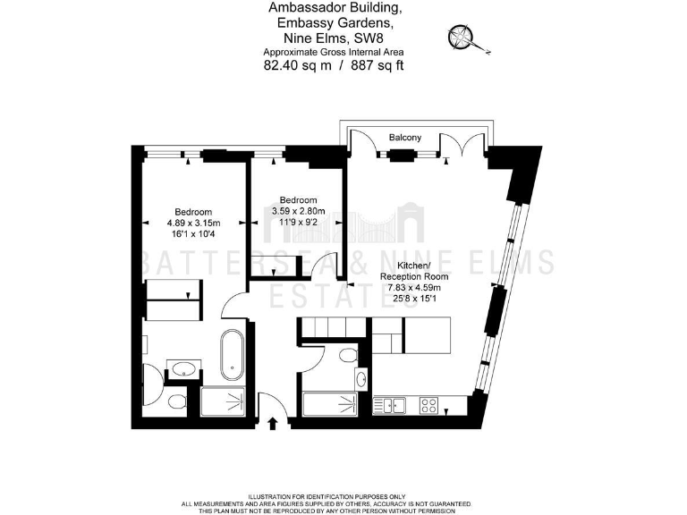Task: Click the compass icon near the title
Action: point(463,38)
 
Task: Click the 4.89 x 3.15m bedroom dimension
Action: point(193,223)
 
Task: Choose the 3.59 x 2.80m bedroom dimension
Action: point(298,211)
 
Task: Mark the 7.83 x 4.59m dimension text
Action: point(413,288)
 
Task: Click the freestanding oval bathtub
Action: point(231,353)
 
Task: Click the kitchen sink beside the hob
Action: point(394,405)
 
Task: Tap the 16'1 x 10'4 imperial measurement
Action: point(193,233)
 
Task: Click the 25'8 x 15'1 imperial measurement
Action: point(413,299)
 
